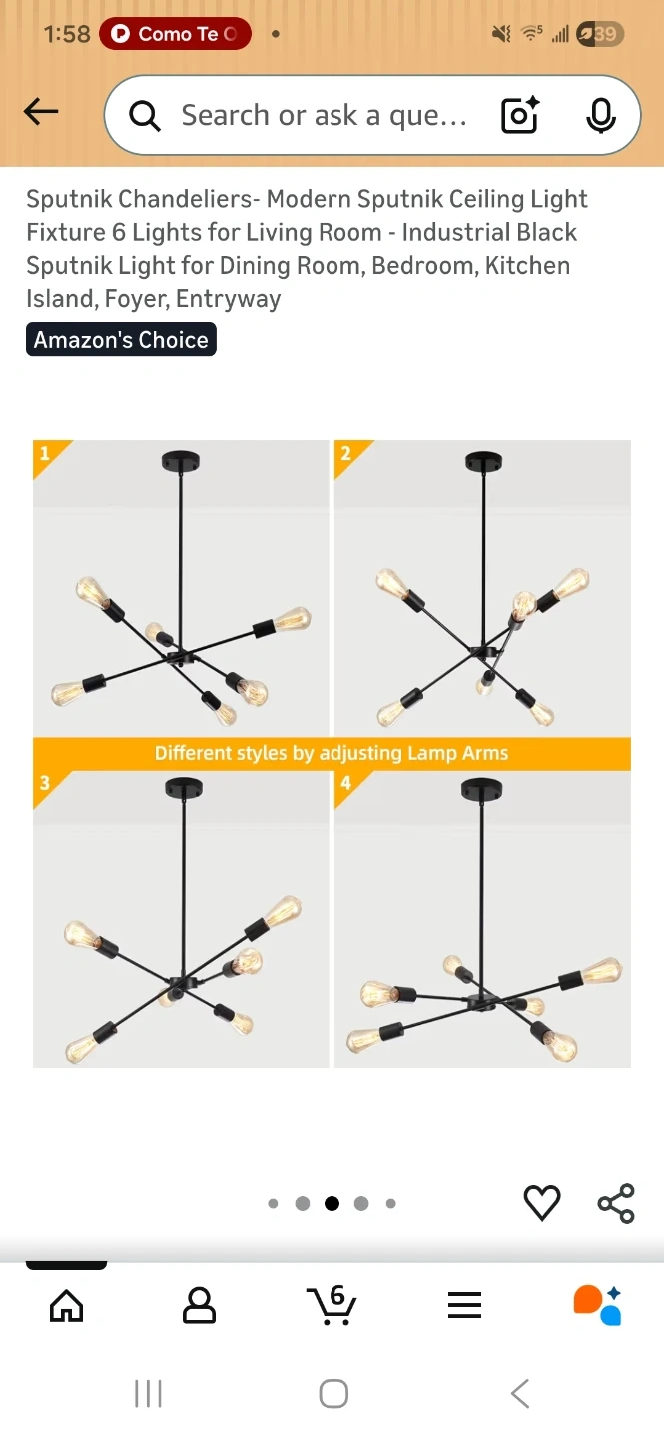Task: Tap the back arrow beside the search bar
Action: tap(41, 111)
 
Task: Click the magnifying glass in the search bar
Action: tap(145, 116)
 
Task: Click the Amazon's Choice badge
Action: tap(121, 339)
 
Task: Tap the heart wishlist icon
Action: tap(542, 1202)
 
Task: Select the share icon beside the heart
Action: tap(616, 1203)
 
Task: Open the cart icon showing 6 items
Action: tap(332, 1304)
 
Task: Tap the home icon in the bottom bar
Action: tap(67, 1306)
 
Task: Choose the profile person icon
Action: tap(199, 1305)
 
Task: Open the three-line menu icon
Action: tap(465, 1305)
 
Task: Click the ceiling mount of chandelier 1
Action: tap(181, 461)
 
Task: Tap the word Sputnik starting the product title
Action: tap(69, 199)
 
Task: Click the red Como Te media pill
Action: tap(175, 33)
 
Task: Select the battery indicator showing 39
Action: tap(600, 33)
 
